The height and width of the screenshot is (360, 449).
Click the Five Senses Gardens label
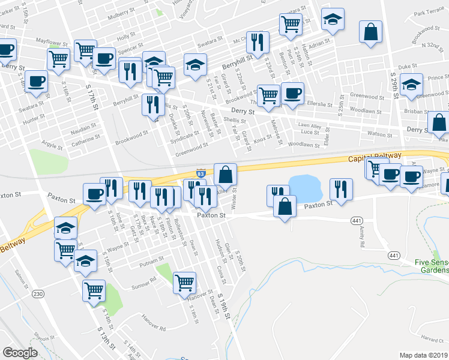431,266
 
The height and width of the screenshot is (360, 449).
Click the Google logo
20,352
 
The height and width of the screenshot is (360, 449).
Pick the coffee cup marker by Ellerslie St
293,94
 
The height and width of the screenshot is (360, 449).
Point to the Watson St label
379,134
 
